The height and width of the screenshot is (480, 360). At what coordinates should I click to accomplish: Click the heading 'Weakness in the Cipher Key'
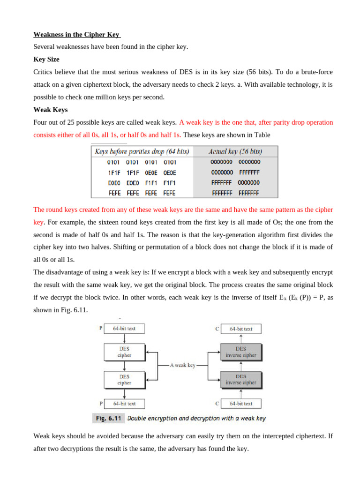coord(77,35)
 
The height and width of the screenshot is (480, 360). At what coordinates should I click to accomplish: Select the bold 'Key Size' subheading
coord(46,60)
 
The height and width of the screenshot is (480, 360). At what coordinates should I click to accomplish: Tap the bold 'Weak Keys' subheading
coord(51,110)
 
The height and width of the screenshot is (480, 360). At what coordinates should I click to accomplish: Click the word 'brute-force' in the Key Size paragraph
coord(315,72)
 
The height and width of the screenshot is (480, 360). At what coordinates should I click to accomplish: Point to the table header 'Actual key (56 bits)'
coord(235,151)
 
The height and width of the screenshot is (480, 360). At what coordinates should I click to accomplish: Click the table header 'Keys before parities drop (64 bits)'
coord(142,151)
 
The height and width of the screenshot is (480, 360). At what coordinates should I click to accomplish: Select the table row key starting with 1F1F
coord(141,172)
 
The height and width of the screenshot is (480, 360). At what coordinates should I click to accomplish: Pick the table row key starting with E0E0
coord(141,183)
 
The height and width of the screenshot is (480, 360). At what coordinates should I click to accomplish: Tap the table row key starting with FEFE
coord(141,193)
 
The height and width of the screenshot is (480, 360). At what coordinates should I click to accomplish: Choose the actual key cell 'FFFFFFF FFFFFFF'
coord(236,193)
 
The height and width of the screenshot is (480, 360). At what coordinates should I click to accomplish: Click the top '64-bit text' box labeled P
coord(124,329)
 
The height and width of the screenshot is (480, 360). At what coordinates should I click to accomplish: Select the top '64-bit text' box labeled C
coord(241,329)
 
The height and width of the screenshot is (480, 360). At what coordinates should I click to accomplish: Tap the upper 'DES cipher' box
coord(124,352)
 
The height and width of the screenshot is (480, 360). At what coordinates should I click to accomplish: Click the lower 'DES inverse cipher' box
coord(241,379)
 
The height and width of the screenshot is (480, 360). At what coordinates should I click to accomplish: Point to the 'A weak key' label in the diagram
coord(182,365)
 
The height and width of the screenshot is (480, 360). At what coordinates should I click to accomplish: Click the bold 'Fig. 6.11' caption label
coord(109,418)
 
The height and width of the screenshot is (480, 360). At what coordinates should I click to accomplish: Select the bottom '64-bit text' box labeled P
coord(124,403)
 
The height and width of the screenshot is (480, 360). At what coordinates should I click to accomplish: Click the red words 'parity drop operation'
coord(300,122)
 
